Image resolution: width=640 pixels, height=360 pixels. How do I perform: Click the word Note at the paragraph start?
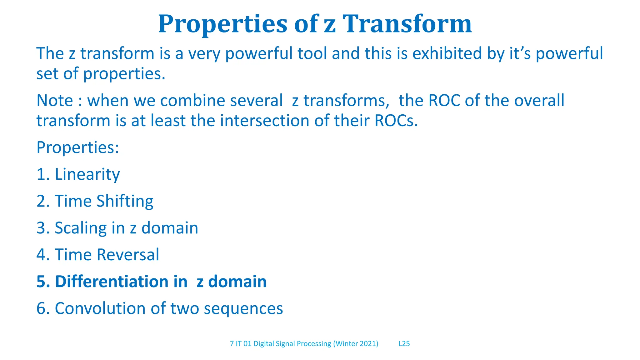tap(55, 101)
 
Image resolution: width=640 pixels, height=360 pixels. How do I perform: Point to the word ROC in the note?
tap(444, 101)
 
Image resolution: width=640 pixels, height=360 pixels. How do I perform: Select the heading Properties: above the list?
tap(77, 147)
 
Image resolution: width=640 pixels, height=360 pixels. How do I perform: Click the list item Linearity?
tap(87, 174)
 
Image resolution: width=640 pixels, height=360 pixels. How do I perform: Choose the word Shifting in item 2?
tap(125, 201)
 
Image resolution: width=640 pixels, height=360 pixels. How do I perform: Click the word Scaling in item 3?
tap(81, 228)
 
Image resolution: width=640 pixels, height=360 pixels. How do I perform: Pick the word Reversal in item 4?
tap(128, 255)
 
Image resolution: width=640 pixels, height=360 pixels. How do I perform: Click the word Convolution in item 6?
tap(100, 308)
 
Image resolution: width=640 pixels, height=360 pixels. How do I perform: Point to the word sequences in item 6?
tap(243, 308)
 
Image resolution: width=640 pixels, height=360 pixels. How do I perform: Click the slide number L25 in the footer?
tap(404, 344)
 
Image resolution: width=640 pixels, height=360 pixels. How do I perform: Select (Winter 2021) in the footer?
tap(355, 344)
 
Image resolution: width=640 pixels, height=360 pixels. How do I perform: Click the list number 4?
tap(41, 255)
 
